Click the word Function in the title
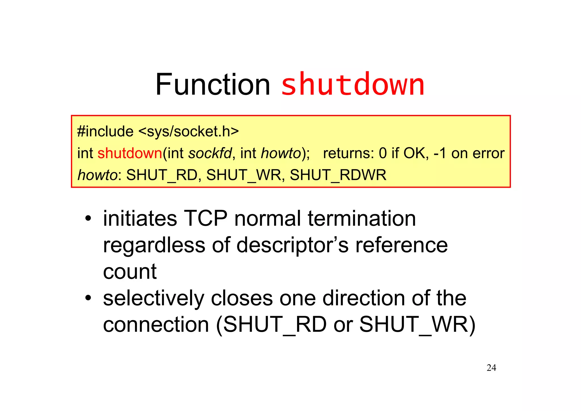point(213,85)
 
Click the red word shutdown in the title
point(353,85)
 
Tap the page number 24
point(491,368)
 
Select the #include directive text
point(105,132)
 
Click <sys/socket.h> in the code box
point(189,132)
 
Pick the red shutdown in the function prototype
point(130,153)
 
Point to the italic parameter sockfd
point(210,153)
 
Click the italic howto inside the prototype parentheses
point(281,153)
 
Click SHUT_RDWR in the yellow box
point(338,175)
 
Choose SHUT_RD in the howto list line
point(162,175)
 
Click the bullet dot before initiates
point(88,219)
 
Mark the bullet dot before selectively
point(88,298)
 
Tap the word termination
point(362,219)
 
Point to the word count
point(130,272)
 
